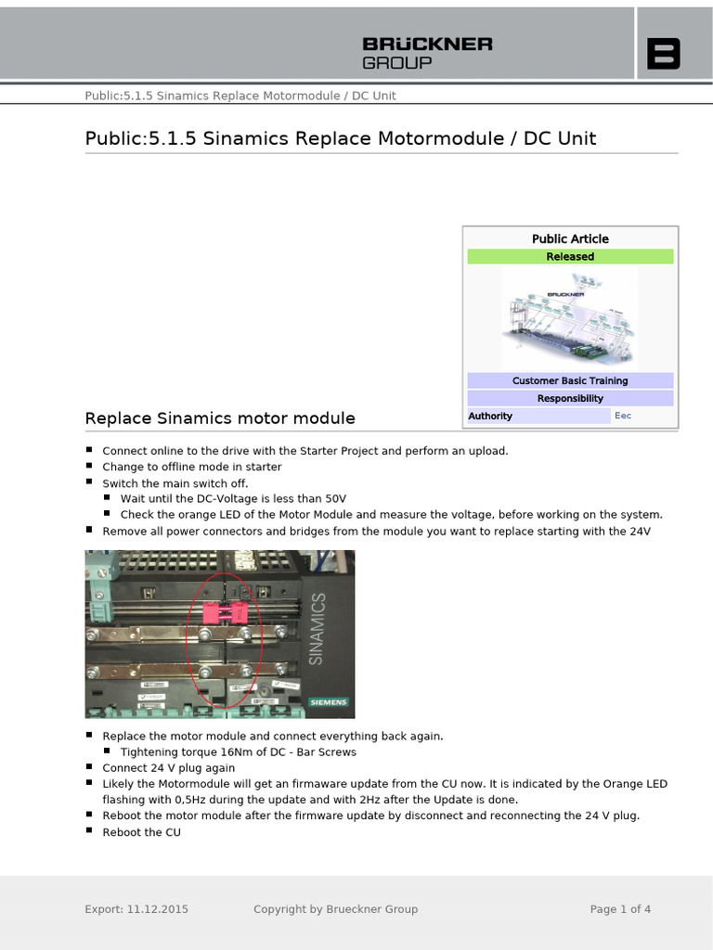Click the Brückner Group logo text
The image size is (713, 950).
426,53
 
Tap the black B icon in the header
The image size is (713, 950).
663,54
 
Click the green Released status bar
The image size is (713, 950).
570,257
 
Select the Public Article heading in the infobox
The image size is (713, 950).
570,238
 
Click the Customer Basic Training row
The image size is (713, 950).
570,380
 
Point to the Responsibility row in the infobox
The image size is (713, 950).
570,398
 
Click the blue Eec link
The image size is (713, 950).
623,416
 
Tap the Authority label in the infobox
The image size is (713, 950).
490,416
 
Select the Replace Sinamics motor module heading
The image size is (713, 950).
220,418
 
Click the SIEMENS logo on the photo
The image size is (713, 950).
328,702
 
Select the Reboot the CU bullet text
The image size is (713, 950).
141,832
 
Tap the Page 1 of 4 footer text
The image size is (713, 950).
620,909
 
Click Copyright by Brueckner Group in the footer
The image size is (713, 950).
335,909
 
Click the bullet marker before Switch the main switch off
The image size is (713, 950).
89,482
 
